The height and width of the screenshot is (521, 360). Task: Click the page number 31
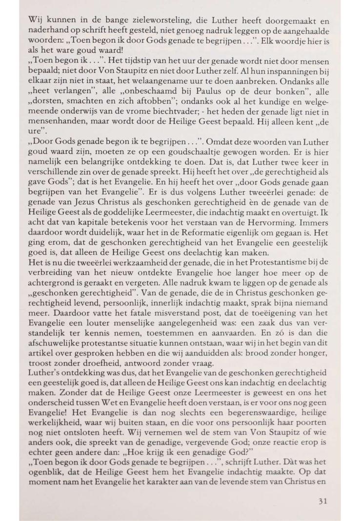coord(321,501)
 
